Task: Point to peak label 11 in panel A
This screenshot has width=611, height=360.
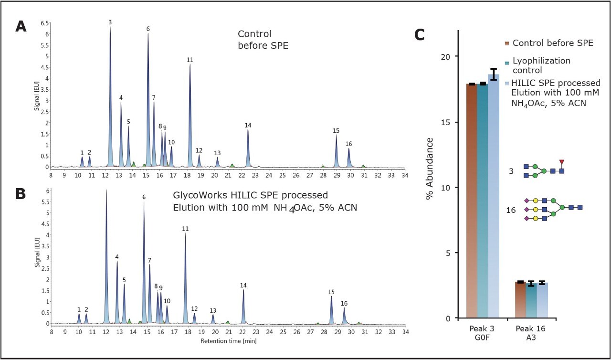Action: (190, 60)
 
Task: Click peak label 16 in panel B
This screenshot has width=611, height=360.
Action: (344, 303)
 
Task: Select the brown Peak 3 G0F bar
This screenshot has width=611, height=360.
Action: (471, 201)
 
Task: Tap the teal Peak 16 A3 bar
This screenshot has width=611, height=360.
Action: (531, 301)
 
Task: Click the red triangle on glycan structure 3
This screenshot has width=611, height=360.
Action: (562, 162)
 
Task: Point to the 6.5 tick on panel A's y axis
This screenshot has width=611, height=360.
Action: (44, 23)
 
